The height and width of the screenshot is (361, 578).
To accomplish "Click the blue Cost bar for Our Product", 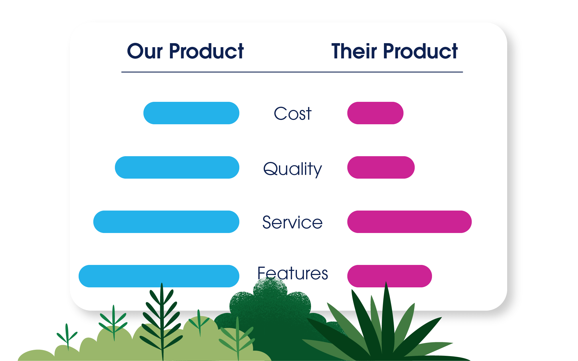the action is click(x=191, y=113).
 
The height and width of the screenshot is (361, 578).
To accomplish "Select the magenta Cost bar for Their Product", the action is click(x=375, y=113).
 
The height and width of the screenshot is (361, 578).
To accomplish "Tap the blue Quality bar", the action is click(x=177, y=167).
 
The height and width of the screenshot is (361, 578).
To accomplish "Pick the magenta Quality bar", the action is click(x=381, y=167).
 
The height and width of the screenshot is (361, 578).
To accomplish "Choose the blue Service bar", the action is click(x=166, y=222).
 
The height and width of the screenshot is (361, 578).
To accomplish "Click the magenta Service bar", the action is click(x=409, y=222).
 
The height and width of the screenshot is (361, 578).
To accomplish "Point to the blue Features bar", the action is click(x=159, y=276).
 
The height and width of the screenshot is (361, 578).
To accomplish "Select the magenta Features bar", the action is click(x=389, y=276).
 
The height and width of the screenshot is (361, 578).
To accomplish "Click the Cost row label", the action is click(x=293, y=113).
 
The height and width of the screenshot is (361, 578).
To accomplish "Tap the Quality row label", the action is click(x=293, y=169).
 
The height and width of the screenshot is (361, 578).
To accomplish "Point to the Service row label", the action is click(x=293, y=222).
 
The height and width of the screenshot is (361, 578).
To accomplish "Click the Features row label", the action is click(x=293, y=273).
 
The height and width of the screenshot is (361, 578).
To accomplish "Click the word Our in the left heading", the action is click(x=145, y=51).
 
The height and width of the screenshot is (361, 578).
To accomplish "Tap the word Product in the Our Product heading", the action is click(x=206, y=51).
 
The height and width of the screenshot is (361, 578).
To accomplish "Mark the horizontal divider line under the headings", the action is click(x=292, y=72).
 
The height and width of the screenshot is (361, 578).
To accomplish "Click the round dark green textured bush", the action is click(x=270, y=305).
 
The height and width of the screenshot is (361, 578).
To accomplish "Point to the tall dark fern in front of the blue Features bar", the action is click(x=162, y=319).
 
